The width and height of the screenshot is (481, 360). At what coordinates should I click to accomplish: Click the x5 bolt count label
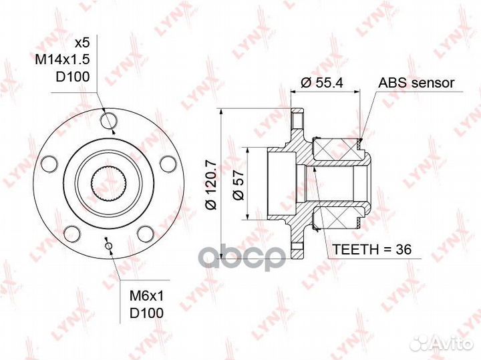pyautogui.click(x=82, y=43)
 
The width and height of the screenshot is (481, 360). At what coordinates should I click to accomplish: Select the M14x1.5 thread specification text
pyautogui.click(x=62, y=60)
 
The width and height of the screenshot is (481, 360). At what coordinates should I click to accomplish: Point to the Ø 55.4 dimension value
pyautogui.click(x=322, y=83)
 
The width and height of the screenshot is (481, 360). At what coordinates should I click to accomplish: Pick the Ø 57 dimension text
pyautogui.click(x=238, y=185)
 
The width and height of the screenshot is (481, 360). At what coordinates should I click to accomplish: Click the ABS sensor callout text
pyautogui.click(x=416, y=83)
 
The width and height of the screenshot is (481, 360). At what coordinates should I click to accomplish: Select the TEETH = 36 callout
pyautogui.click(x=372, y=250)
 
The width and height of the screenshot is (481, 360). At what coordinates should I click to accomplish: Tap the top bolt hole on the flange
pyautogui.click(x=109, y=121)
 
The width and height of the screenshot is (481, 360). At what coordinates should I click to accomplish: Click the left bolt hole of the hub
pyautogui.click(x=49, y=164)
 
